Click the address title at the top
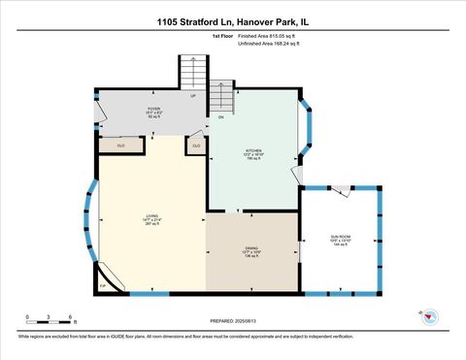(x=233, y=19)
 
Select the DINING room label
(x=250, y=249)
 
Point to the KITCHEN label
(x=253, y=153)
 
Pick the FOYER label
(x=153, y=111)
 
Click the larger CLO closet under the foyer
(x=120, y=146)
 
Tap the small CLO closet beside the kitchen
(x=196, y=146)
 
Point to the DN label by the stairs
(x=220, y=117)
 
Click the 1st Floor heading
(x=223, y=36)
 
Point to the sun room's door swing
(x=339, y=190)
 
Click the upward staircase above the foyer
(x=192, y=72)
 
